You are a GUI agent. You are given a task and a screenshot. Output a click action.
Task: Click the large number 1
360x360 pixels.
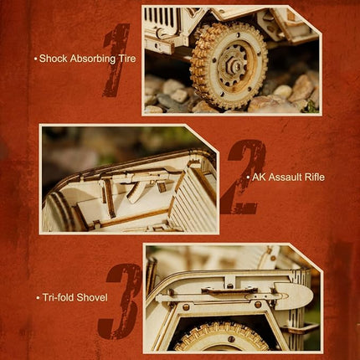(x=116, y=60)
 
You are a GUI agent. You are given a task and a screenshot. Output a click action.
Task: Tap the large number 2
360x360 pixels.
(x=242, y=177)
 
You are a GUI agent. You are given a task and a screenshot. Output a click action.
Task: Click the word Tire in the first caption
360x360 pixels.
(x=129, y=59)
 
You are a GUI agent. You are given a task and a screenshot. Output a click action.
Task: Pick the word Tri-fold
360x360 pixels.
(x=58, y=297)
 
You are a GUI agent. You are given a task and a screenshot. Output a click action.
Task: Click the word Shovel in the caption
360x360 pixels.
(x=92, y=297)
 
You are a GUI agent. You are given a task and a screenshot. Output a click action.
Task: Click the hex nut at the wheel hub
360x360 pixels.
(x=234, y=65)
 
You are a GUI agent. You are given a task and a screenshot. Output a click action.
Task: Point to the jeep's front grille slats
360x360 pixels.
(x=162, y=18)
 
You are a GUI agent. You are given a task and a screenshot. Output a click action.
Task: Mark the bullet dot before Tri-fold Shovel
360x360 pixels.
(x=38, y=298)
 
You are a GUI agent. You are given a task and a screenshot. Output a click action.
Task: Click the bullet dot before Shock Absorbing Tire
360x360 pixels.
(x=35, y=59)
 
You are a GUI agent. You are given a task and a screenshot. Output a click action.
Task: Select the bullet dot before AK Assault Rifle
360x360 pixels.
(x=248, y=177)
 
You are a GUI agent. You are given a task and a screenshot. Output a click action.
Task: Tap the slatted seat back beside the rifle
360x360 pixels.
(x=193, y=199)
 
